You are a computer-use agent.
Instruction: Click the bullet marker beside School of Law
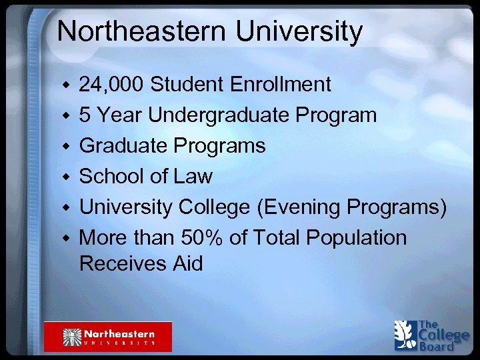tap(65, 177)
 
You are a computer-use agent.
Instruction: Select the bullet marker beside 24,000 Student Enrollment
tap(65, 86)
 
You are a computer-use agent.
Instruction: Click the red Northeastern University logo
tap(108, 336)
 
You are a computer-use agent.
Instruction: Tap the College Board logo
tap(431, 335)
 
